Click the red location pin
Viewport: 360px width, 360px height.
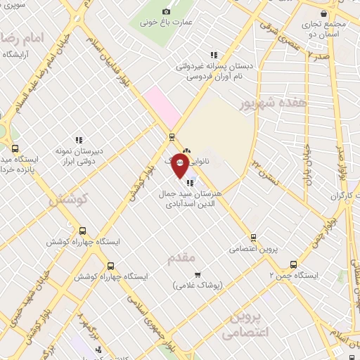point(181,166)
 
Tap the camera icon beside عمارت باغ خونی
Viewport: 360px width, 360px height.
point(167,11)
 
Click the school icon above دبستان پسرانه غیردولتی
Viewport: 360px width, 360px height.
point(214,55)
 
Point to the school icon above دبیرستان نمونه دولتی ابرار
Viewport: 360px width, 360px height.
point(79,139)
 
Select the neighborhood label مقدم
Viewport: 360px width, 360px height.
point(181,258)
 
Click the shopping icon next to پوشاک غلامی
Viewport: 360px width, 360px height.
point(197,274)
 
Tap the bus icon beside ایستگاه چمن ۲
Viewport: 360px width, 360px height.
point(293,265)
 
